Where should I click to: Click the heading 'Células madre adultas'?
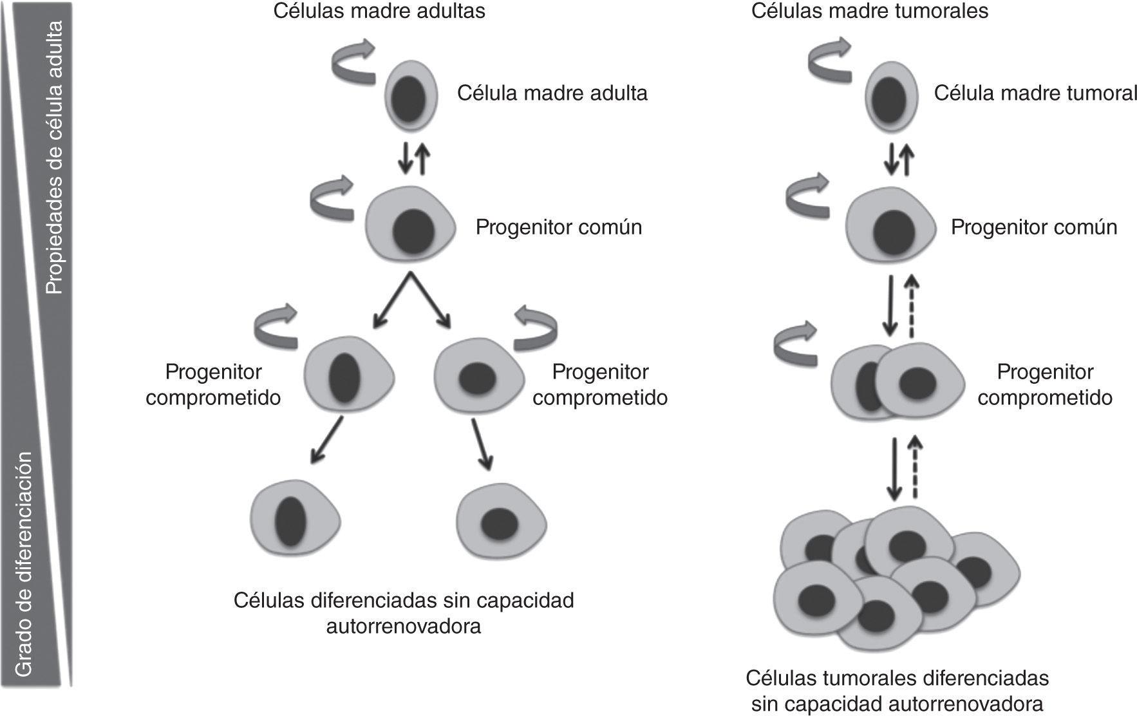tap(379, 11)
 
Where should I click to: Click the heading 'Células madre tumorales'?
tap(870, 11)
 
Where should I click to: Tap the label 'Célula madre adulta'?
tap(552, 93)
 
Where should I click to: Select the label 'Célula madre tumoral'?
tap(1035, 93)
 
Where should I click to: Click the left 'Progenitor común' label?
tap(559, 227)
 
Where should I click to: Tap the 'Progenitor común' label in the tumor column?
tap(1034, 227)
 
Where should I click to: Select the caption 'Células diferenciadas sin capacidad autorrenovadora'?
tap(404, 613)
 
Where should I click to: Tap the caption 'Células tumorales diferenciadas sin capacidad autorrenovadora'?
tap(897, 690)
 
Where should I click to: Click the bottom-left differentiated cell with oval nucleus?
tap(294, 520)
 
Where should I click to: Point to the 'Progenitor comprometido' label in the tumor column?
tap(1045, 384)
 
